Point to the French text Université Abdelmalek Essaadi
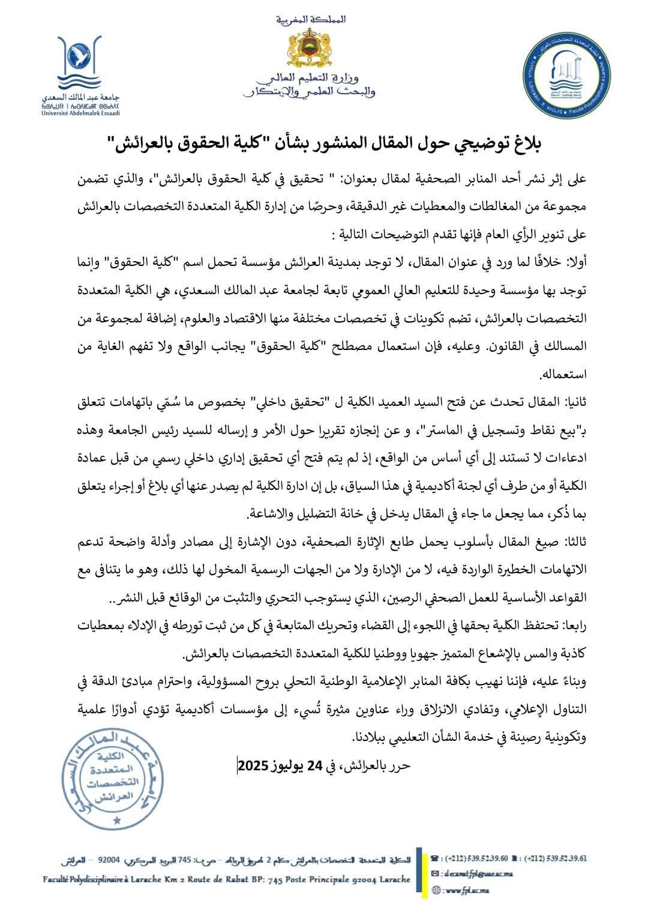point(80,112)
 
